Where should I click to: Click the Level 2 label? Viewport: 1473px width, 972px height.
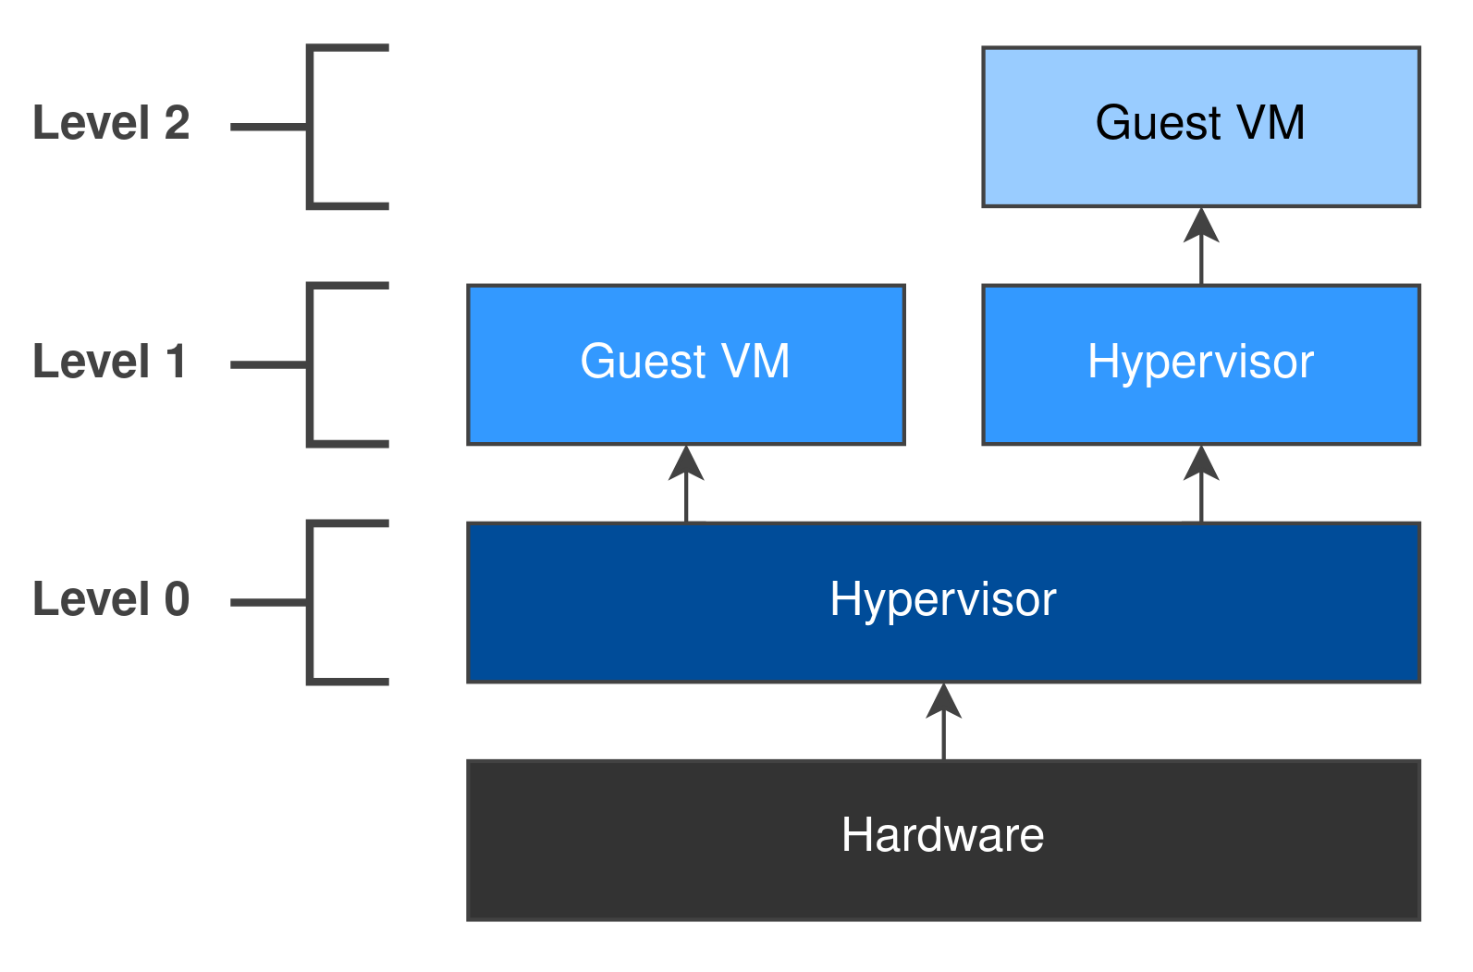(x=111, y=123)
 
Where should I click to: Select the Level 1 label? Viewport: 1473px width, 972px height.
(x=109, y=362)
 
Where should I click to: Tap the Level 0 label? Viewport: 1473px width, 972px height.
(x=111, y=599)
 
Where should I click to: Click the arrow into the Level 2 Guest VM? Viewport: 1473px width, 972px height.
(x=1200, y=246)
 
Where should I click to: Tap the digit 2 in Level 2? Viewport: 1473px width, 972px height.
(x=177, y=123)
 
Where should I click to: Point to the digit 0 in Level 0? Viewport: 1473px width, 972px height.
(x=177, y=599)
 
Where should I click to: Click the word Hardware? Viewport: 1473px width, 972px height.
(x=942, y=835)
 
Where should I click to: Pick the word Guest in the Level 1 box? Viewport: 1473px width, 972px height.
(x=643, y=362)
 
